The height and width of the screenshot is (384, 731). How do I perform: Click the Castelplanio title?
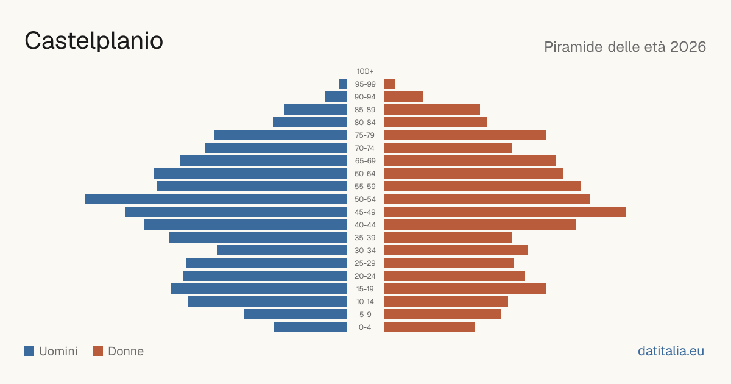click(94, 41)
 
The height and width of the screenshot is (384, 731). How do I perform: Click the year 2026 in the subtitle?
click(688, 47)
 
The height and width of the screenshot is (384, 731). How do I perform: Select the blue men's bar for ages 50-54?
click(216, 199)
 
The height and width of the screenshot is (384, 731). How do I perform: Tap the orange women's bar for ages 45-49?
click(504, 212)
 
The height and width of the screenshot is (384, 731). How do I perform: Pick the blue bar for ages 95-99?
click(344, 84)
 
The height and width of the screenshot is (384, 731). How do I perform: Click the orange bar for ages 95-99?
click(389, 84)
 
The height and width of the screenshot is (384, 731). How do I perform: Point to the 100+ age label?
click(365, 71)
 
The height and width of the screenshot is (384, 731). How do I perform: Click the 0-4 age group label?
click(365, 327)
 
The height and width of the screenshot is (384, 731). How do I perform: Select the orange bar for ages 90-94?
click(403, 97)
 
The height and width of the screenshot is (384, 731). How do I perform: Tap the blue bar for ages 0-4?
click(311, 327)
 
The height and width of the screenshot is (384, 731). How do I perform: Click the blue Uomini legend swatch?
click(29, 351)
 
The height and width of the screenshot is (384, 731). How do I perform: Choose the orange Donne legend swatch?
click(98, 351)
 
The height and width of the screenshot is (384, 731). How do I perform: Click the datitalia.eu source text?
click(671, 351)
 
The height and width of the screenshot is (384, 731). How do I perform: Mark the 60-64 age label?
click(365, 174)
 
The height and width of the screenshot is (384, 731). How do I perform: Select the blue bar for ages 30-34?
click(282, 251)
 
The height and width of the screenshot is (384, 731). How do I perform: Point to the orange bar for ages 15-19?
click(465, 289)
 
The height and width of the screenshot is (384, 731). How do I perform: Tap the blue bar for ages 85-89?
click(316, 109)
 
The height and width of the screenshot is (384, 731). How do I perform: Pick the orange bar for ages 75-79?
click(465, 135)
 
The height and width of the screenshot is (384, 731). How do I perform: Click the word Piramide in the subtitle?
click(573, 47)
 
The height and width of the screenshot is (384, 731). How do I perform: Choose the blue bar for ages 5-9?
click(295, 315)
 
